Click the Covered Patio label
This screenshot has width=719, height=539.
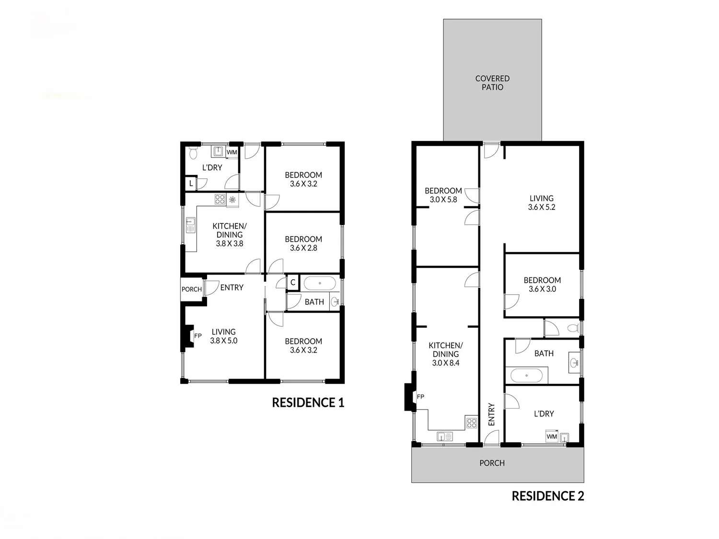[492, 83]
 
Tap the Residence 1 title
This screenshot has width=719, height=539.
[308, 402]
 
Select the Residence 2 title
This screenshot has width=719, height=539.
[548, 496]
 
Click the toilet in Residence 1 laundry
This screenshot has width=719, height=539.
[193, 153]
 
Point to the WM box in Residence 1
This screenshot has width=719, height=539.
[232, 152]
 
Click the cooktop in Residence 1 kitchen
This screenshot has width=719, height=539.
[220, 199]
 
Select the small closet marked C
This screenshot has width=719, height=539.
[293, 282]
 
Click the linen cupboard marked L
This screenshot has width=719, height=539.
[191, 183]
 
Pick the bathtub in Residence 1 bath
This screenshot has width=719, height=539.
[320, 284]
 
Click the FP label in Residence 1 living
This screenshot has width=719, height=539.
[198, 335]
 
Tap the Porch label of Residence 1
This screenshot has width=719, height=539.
[192, 289]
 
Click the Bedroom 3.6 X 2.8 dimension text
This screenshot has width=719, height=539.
[303, 248]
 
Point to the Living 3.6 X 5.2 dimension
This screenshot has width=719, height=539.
[542, 207]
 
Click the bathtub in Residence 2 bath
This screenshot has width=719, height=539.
[526, 375]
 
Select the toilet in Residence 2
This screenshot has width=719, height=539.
[573, 328]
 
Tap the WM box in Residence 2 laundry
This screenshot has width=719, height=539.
[552, 436]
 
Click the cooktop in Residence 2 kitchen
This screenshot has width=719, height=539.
[472, 423]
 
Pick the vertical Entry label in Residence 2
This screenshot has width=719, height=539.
[491, 414]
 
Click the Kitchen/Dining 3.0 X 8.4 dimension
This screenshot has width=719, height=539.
[445, 363]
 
